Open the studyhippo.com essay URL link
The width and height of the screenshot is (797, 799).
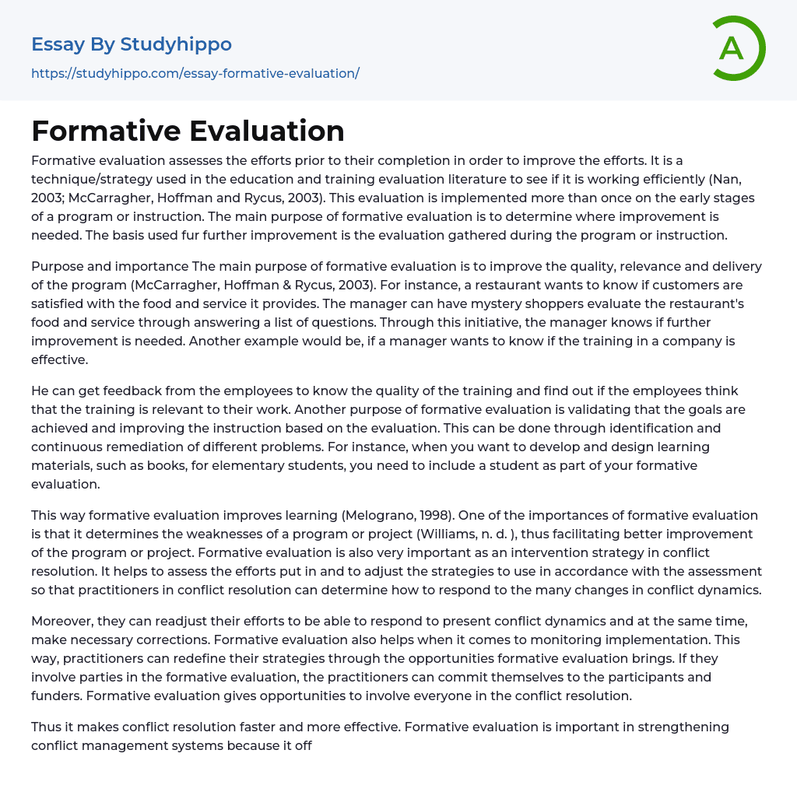(x=195, y=73)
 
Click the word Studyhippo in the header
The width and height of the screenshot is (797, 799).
(x=176, y=44)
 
